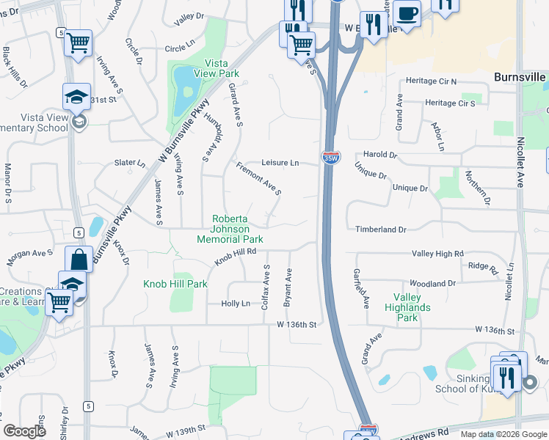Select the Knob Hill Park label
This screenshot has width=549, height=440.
(175, 284)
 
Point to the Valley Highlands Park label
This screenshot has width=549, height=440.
(407, 308)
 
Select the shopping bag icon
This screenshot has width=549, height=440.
(79, 260)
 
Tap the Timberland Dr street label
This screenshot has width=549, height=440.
(381, 230)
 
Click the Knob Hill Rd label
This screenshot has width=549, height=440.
(235, 257)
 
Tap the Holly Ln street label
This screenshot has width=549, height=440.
(236, 304)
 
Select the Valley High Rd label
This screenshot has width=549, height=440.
(438, 253)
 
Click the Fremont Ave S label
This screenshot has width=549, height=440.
(258, 179)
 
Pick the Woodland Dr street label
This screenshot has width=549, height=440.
(433, 283)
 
